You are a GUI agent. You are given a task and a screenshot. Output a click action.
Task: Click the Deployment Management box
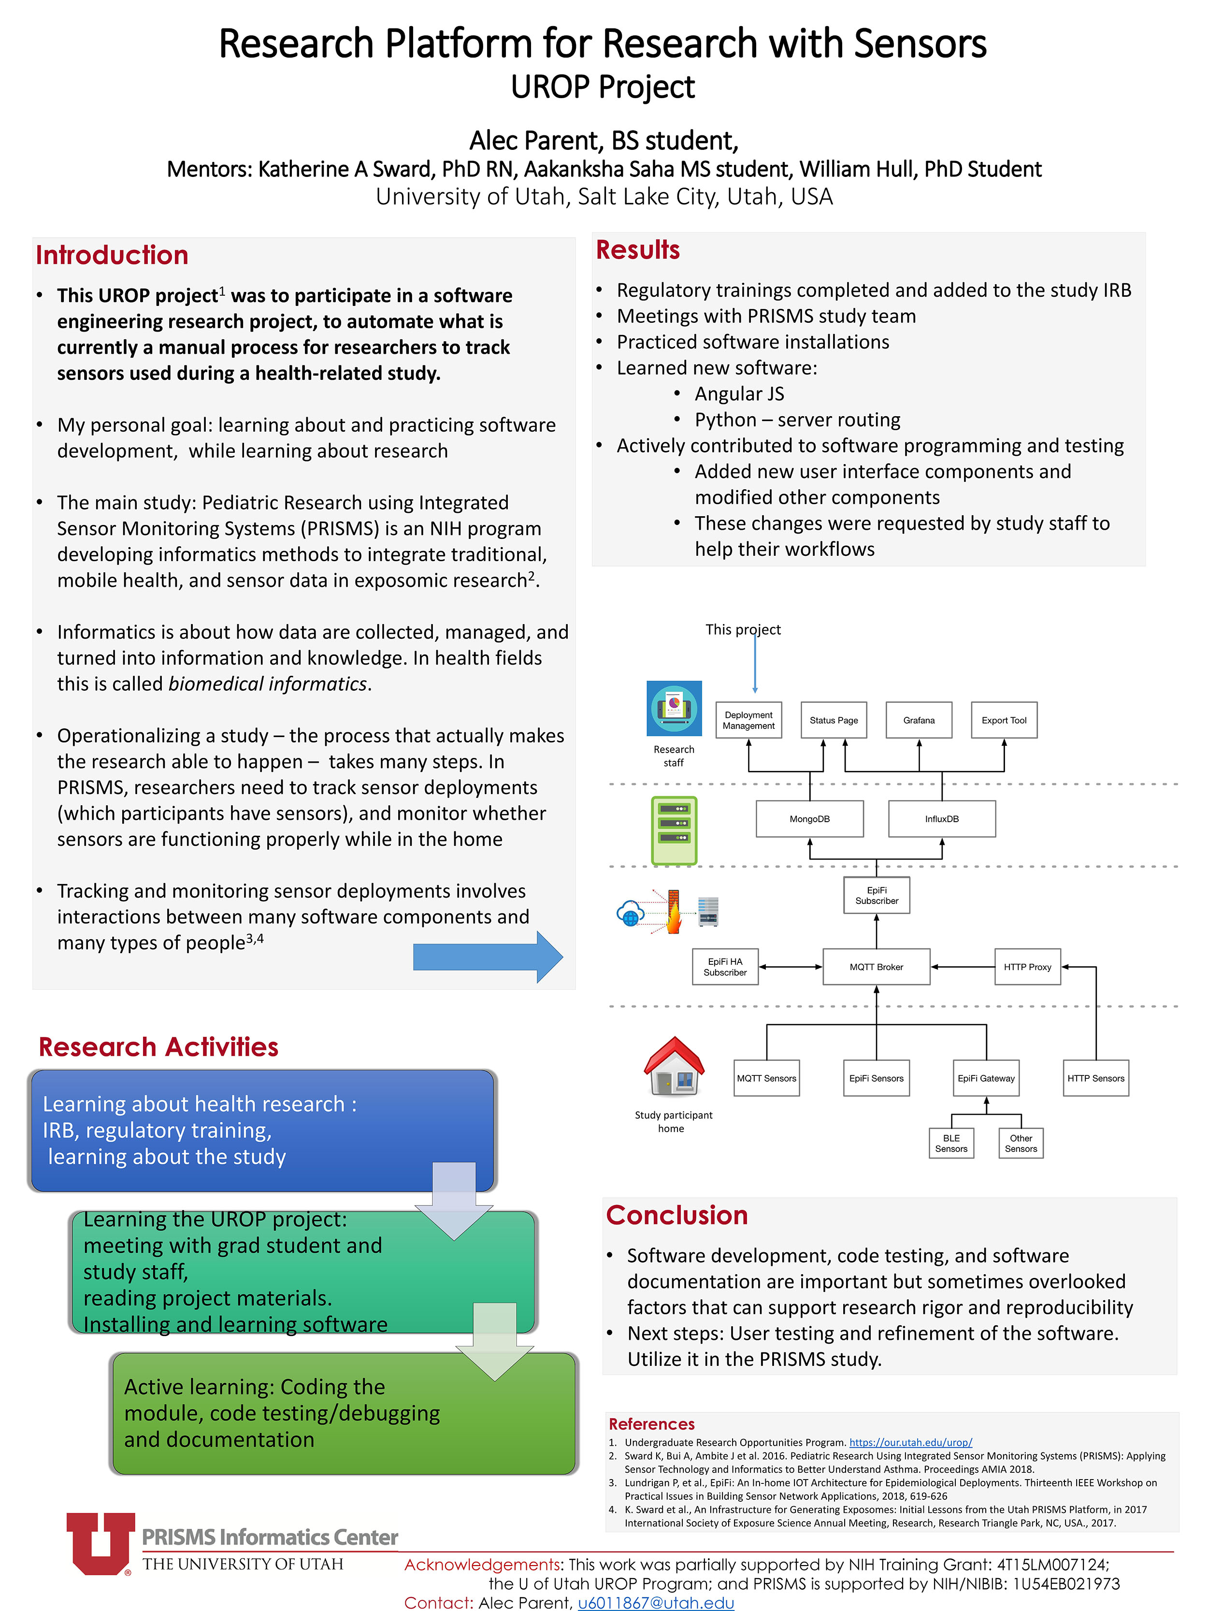coord(748,720)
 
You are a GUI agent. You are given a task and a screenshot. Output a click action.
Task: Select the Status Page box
coord(834,720)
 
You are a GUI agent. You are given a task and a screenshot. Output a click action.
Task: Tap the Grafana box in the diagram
coord(919,720)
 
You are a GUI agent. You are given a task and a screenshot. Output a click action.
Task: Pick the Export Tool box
coord(1004,720)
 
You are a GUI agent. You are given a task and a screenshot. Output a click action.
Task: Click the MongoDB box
coord(810,819)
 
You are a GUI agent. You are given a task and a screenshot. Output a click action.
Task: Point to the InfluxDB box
coord(942,819)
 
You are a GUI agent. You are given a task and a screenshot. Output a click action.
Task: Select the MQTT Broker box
coord(877,967)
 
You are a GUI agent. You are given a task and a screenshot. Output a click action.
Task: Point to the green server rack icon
coord(674,831)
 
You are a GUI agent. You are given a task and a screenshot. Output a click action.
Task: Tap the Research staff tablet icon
coord(674,709)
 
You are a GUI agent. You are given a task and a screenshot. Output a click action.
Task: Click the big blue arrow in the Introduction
coord(488,957)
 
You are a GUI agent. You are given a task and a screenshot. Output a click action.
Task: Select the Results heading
coord(638,250)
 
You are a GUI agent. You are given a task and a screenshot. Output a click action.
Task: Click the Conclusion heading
coord(677,1216)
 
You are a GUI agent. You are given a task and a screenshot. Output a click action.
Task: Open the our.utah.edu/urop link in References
coord(911,1442)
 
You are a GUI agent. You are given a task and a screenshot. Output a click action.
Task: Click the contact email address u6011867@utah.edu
coord(656,1603)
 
